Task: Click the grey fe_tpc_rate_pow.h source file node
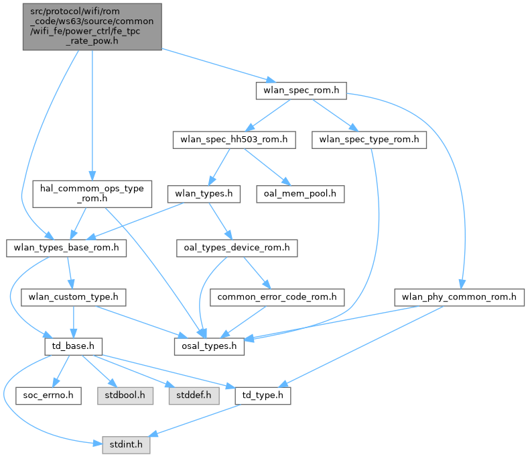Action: (x=92, y=26)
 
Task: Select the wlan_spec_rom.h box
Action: (x=301, y=91)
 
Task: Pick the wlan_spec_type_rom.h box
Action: (x=369, y=140)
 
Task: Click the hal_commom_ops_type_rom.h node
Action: (x=92, y=193)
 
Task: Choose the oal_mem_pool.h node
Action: (x=300, y=195)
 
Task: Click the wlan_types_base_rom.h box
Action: (x=66, y=248)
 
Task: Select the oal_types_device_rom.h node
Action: (x=237, y=248)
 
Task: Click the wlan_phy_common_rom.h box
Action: (x=459, y=296)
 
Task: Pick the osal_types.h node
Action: (x=208, y=347)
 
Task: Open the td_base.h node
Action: (x=72, y=347)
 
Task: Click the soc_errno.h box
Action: (x=48, y=395)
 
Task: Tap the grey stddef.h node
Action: (x=190, y=395)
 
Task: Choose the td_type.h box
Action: (x=263, y=395)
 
